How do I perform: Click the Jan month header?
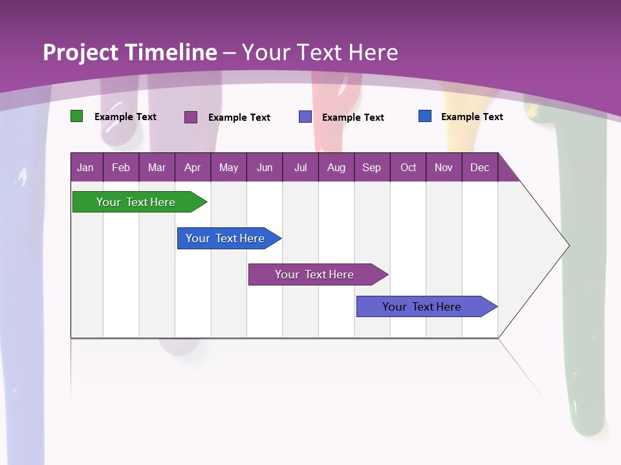click(x=85, y=167)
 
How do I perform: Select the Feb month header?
click(x=121, y=167)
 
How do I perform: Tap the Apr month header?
click(x=193, y=167)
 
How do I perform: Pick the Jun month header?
click(x=265, y=167)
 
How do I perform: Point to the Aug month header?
click(x=336, y=167)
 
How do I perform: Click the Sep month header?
click(x=372, y=167)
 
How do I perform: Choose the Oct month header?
click(x=408, y=167)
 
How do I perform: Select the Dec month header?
click(x=480, y=167)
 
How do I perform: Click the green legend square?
click(x=76, y=116)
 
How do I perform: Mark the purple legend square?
click(x=191, y=117)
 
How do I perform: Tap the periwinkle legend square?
click(x=305, y=117)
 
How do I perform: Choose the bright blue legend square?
click(x=425, y=116)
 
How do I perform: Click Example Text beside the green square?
click(x=125, y=117)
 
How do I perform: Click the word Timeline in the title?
click(x=171, y=52)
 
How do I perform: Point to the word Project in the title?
click(x=80, y=52)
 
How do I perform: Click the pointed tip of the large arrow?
click(x=567, y=245)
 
